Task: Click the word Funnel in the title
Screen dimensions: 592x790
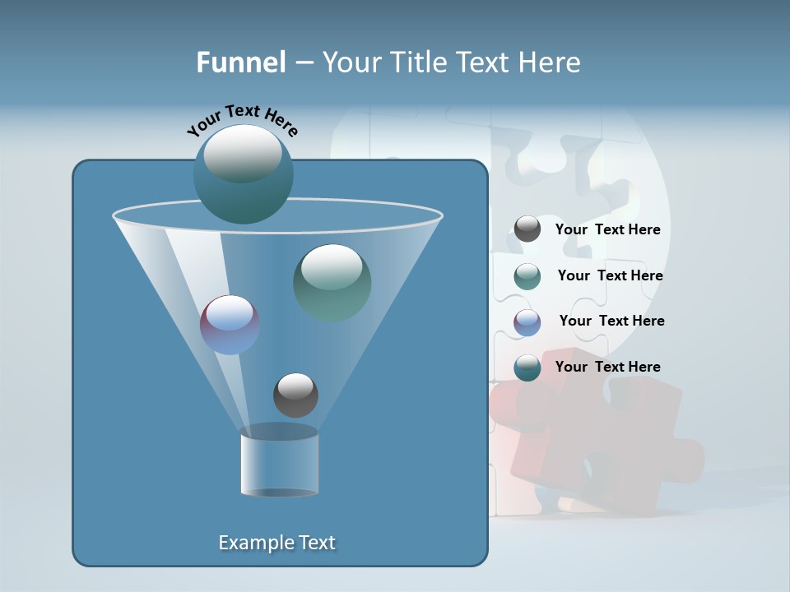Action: pos(240,62)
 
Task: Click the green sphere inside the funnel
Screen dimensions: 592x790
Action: pos(332,284)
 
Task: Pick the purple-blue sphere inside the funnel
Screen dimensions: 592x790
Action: pos(230,325)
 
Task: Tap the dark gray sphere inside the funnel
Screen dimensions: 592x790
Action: pos(295,395)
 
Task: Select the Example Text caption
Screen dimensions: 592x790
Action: pos(277,543)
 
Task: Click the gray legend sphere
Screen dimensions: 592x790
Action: pos(527,229)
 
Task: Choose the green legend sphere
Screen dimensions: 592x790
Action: pos(527,276)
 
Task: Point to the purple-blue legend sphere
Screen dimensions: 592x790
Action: pos(527,321)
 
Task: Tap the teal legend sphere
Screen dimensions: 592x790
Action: pos(527,368)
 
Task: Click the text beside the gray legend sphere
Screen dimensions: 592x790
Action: pos(607,229)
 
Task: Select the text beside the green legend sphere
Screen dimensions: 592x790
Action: pos(610,275)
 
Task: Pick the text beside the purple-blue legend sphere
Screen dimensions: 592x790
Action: pos(611,321)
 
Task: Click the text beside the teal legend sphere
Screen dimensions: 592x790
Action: pos(607,367)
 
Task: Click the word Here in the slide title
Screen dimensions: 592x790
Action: pos(549,62)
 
